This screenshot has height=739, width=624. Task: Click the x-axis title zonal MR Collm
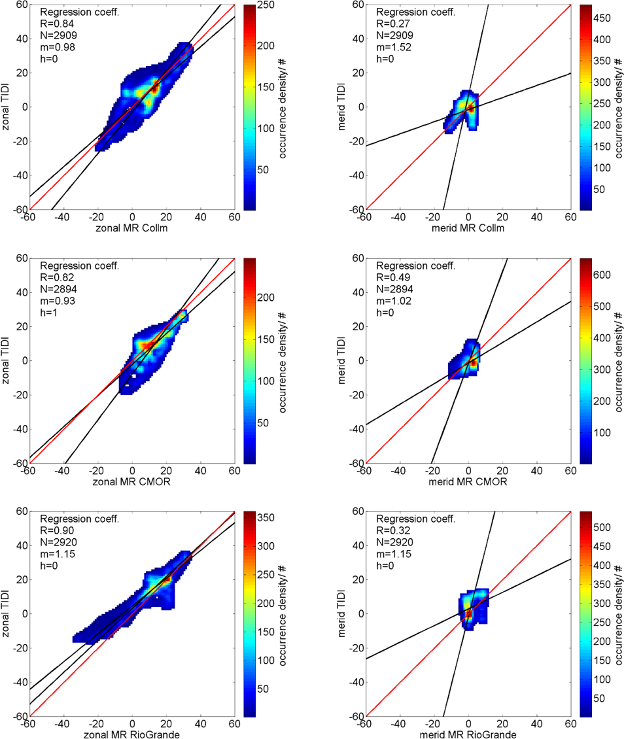coord(132,227)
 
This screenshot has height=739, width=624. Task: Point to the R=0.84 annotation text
coord(55,23)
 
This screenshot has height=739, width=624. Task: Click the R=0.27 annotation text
coord(391,23)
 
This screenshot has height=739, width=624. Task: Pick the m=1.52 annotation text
coord(392,46)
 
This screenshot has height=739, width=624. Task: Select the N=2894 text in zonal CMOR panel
coord(60,288)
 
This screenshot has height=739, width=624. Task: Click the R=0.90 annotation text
coord(55,531)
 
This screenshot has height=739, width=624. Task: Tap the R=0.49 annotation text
coord(391,277)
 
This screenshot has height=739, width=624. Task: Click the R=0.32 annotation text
coord(391,531)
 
